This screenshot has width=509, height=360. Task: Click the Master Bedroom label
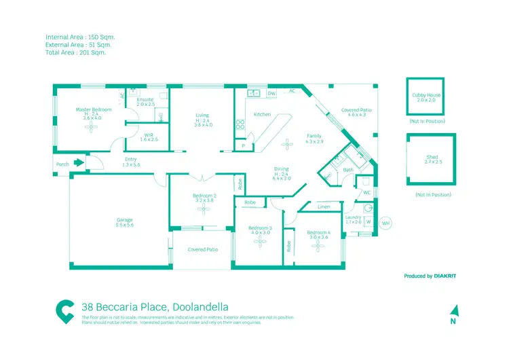tap(93, 109)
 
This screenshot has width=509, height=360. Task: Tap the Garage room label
tap(124, 220)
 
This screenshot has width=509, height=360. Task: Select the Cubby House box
tap(426, 98)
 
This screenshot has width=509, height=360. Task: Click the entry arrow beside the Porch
tap(79, 163)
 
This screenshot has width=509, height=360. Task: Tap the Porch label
tap(62, 164)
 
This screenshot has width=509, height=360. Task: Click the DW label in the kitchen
tap(271, 93)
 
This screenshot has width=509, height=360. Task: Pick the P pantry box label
tap(242, 146)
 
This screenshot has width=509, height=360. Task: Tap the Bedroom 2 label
tap(204, 196)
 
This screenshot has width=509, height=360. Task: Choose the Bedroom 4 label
tap(318, 233)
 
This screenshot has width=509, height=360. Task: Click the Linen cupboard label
tap(324, 206)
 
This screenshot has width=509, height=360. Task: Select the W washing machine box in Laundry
tap(369, 221)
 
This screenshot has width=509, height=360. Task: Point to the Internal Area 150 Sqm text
tap(77, 37)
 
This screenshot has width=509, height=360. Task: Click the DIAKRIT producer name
tap(449, 276)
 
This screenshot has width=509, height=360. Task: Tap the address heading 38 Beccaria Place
tap(155, 306)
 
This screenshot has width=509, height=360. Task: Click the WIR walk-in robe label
tap(149, 135)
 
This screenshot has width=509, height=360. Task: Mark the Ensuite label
tap(145, 100)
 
